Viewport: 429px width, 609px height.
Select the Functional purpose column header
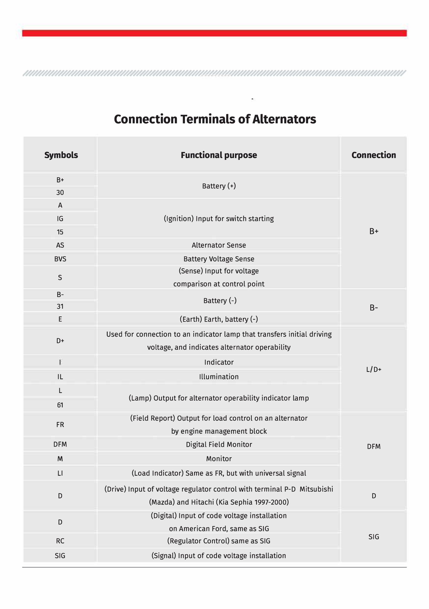(x=219, y=155)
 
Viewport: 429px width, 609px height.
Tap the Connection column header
(x=373, y=155)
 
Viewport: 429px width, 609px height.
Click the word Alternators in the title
(x=284, y=119)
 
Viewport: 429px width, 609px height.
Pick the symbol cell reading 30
(x=60, y=192)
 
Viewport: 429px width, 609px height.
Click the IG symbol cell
(x=60, y=218)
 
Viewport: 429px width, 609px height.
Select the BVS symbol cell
(x=60, y=259)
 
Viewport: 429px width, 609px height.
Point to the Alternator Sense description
(x=219, y=245)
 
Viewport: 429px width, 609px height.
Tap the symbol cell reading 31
(x=60, y=307)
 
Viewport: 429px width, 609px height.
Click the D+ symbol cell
(x=60, y=341)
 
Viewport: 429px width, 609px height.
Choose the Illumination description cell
(x=219, y=377)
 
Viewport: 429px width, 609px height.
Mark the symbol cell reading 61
(x=60, y=405)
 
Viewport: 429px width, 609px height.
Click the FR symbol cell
(x=60, y=425)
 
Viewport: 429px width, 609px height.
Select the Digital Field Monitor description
(x=219, y=444)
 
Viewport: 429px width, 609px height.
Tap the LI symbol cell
(x=60, y=473)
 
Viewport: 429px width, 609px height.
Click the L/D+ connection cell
(x=373, y=369)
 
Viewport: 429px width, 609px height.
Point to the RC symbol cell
(x=60, y=541)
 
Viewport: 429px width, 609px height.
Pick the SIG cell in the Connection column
(x=373, y=537)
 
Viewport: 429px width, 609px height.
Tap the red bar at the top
(x=214, y=33)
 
